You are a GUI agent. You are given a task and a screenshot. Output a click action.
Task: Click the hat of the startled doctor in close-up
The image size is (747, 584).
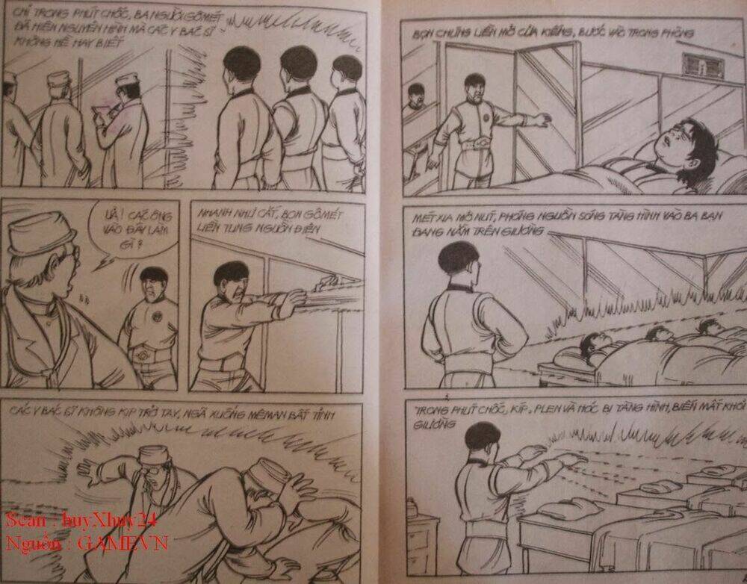coord(41,234)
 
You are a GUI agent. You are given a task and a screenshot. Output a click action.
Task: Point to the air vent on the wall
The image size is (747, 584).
coord(703,66)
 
